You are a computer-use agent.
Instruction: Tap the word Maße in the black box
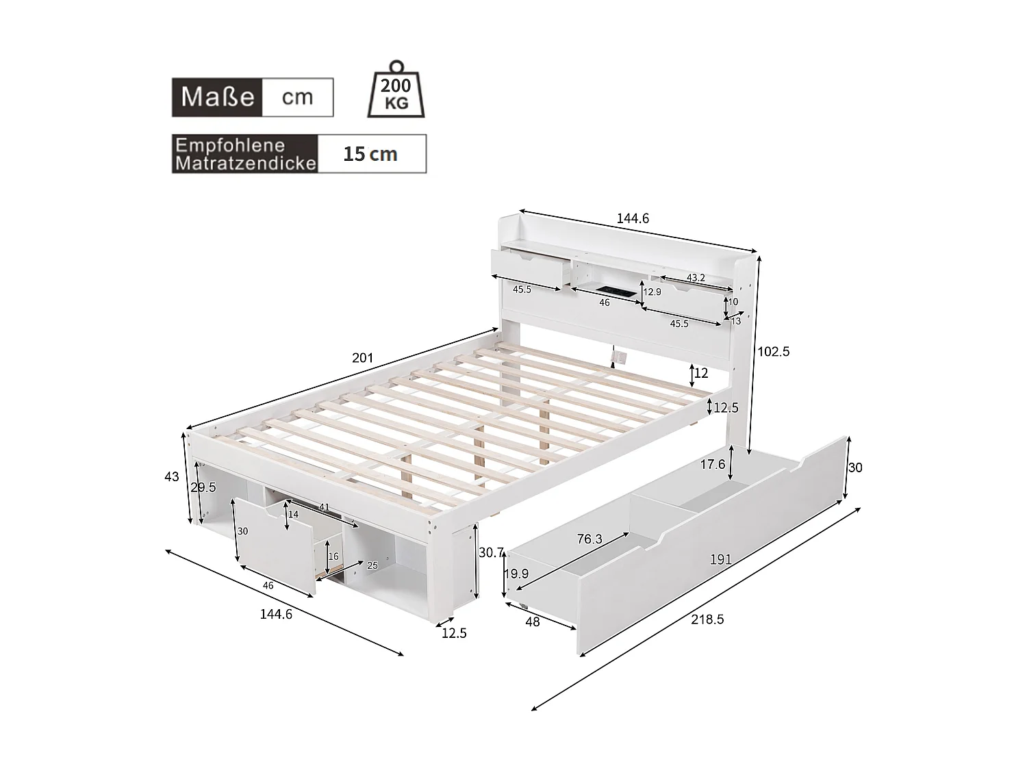pos(218,97)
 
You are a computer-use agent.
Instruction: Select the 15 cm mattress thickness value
pos(370,154)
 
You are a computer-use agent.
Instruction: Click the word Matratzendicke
pos(245,164)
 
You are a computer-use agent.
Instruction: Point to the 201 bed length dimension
pos(362,358)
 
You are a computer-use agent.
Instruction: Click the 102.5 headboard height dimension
pos(773,352)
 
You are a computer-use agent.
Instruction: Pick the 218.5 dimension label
pos(707,619)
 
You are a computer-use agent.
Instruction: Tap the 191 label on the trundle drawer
pos(721,559)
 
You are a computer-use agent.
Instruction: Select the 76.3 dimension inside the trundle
pos(589,539)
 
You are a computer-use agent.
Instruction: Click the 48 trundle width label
pos(532,621)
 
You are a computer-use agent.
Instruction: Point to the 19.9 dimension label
pos(516,574)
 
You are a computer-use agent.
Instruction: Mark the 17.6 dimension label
pos(712,465)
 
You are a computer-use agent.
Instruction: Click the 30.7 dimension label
pos(492,552)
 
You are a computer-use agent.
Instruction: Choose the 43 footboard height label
pos(172,477)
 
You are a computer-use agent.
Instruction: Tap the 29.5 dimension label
pos(203,487)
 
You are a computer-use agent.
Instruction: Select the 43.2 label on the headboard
pos(696,278)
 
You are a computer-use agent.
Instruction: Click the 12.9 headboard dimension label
pos(652,292)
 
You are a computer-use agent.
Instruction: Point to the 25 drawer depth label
pos(372,565)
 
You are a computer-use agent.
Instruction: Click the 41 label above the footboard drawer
pos(324,507)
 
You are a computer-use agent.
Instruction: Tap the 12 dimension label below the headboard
pos(701,374)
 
